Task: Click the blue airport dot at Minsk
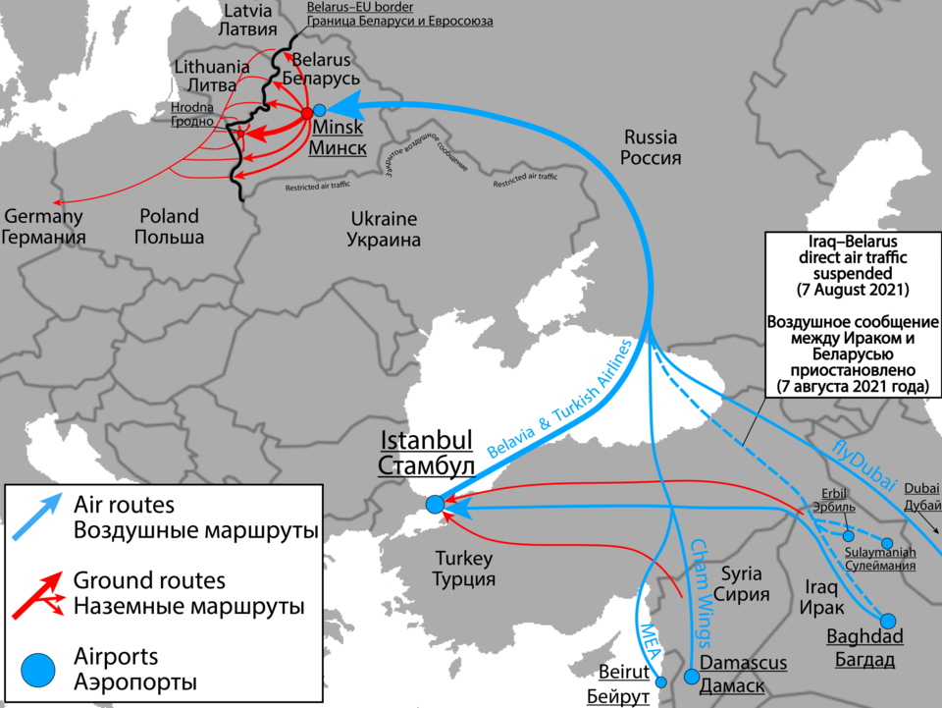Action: (320, 111)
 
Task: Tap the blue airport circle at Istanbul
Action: (435, 505)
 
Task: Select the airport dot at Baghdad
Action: (888, 621)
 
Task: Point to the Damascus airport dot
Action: (692, 677)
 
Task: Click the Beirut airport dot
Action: (660, 681)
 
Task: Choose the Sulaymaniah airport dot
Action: (887, 543)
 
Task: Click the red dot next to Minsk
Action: (307, 112)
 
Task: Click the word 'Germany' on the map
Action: (43, 216)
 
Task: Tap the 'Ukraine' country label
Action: (383, 219)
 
